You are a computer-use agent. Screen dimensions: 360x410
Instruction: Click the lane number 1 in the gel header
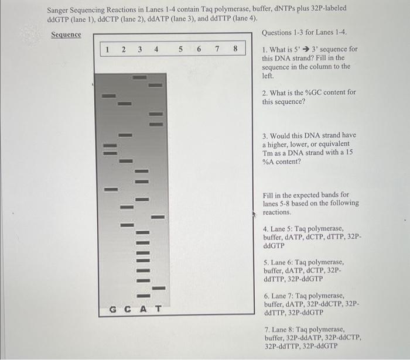107,50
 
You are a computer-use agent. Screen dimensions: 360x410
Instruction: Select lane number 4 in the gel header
156,50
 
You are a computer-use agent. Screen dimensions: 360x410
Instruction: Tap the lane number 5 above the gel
182,50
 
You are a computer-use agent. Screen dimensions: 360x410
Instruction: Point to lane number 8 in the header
235,50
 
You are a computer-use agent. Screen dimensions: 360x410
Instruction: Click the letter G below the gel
113,308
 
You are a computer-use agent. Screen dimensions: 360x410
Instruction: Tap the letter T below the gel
158,308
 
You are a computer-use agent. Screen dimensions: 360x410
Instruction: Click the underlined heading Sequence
66,35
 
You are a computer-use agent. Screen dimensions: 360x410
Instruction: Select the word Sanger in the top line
60,9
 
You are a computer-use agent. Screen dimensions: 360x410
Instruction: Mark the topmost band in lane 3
139,77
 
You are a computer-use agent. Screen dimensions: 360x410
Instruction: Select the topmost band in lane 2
125,104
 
